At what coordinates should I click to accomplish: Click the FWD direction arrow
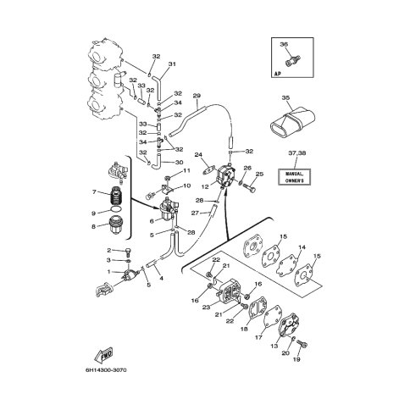tap(103, 353)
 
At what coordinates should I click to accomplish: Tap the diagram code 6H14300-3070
tap(106, 369)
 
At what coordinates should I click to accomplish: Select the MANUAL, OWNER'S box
tap(294, 177)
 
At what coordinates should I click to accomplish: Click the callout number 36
tap(284, 45)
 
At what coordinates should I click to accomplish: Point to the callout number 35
tap(285, 98)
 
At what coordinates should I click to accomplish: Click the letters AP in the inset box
tap(277, 74)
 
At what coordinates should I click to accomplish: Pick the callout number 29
tap(197, 96)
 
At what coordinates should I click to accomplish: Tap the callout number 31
tap(172, 64)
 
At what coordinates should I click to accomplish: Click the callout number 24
tap(198, 154)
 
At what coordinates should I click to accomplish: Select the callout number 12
tap(205, 186)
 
